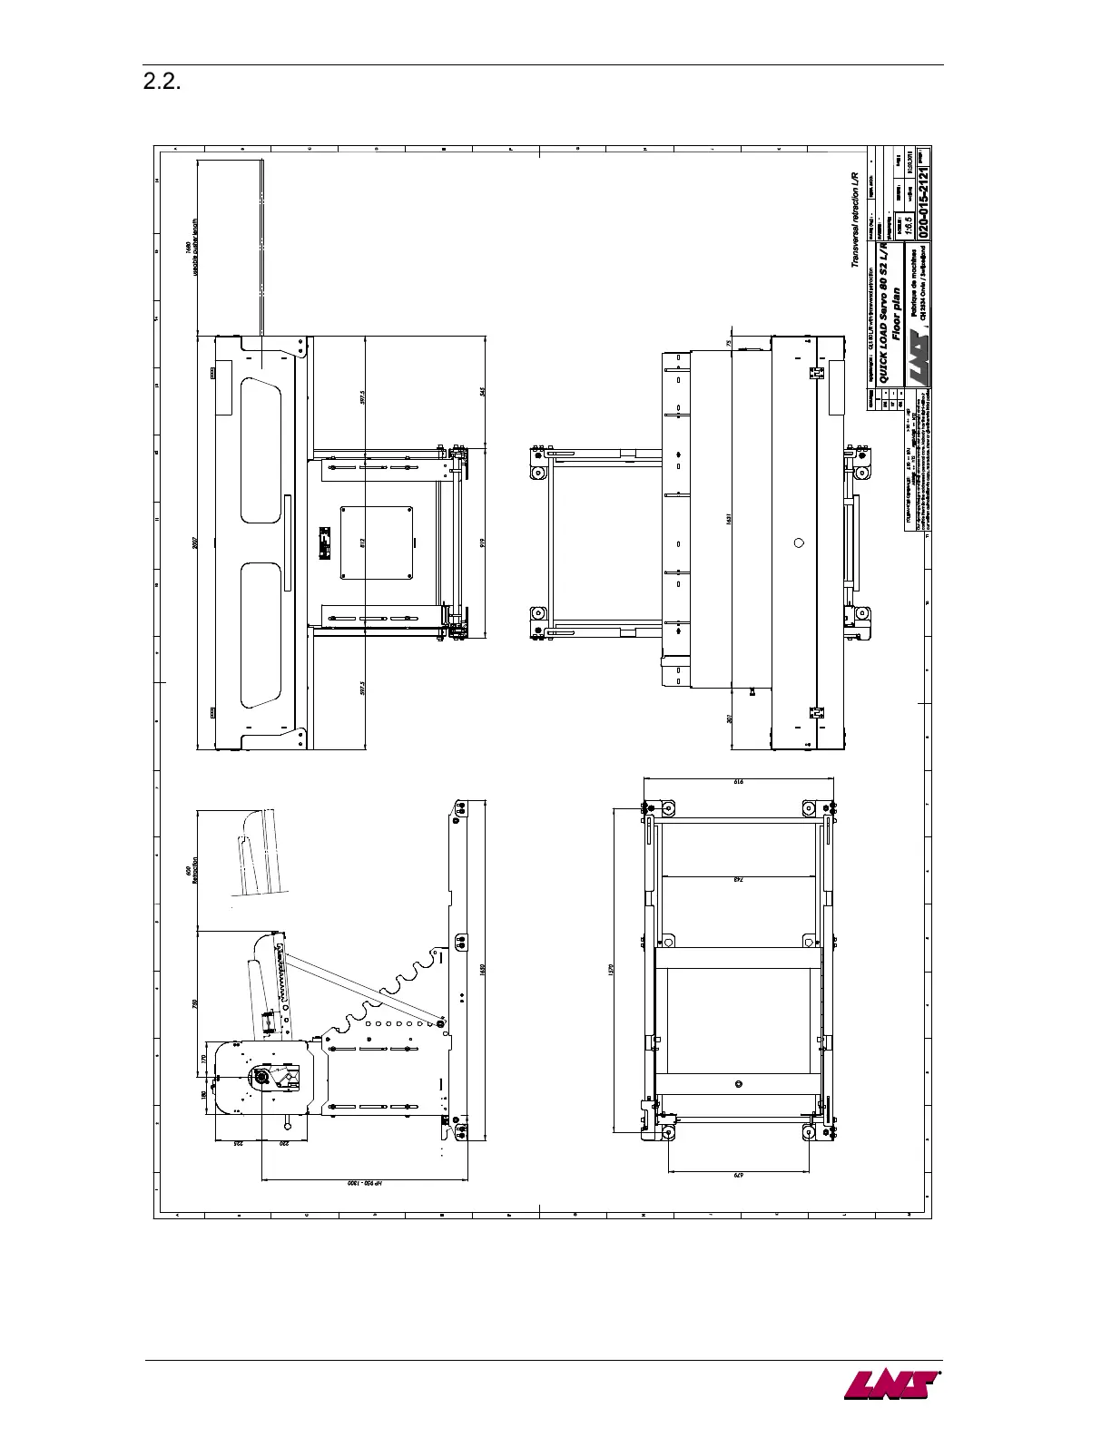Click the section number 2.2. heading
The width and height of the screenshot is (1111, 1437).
pos(163,83)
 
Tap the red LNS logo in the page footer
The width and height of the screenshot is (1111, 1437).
pos(890,1385)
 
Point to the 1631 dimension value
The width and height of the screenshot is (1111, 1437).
pos(730,518)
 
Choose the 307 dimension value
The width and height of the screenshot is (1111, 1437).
pos(730,718)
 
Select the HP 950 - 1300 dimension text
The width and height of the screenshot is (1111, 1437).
pos(369,1185)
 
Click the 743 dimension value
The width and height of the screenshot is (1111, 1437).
pos(737,879)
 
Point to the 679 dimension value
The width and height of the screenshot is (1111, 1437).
pos(738,1176)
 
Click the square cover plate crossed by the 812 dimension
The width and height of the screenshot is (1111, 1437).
pos(378,543)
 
